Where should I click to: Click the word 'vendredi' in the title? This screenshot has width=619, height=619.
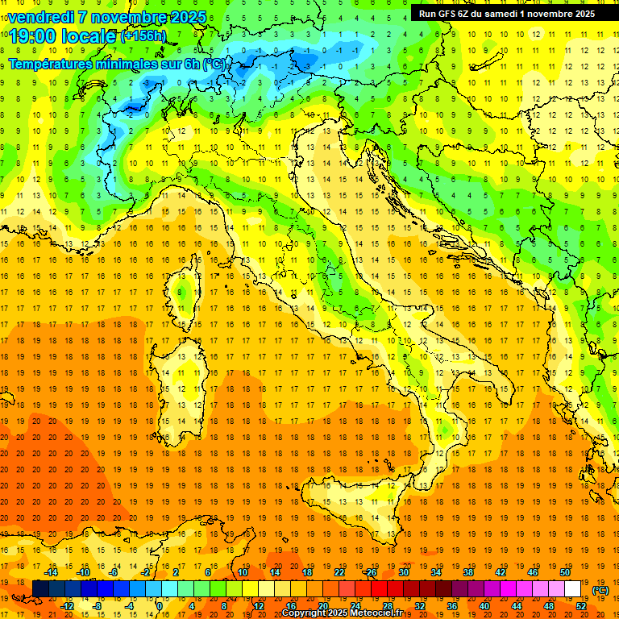pyautogui.click(x=41, y=17)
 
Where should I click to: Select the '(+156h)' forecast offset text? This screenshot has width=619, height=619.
pyautogui.click(x=143, y=35)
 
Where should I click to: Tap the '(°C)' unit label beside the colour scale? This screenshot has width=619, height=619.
pyautogui.click(x=600, y=590)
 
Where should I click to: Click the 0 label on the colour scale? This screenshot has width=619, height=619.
pyautogui.click(x=160, y=606)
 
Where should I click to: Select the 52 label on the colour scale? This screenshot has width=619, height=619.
pyautogui.click(x=581, y=606)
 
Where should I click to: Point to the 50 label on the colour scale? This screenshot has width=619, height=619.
pyautogui.click(x=565, y=572)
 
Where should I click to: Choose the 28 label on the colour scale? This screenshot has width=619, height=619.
pyautogui.click(x=387, y=606)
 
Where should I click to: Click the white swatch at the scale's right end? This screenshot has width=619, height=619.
pyautogui.click(x=580, y=589)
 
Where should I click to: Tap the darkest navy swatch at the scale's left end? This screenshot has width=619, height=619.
pyautogui.click(x=40, y=589)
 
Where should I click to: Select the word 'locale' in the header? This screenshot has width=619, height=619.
pyautogui.click(x=91, y=36)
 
